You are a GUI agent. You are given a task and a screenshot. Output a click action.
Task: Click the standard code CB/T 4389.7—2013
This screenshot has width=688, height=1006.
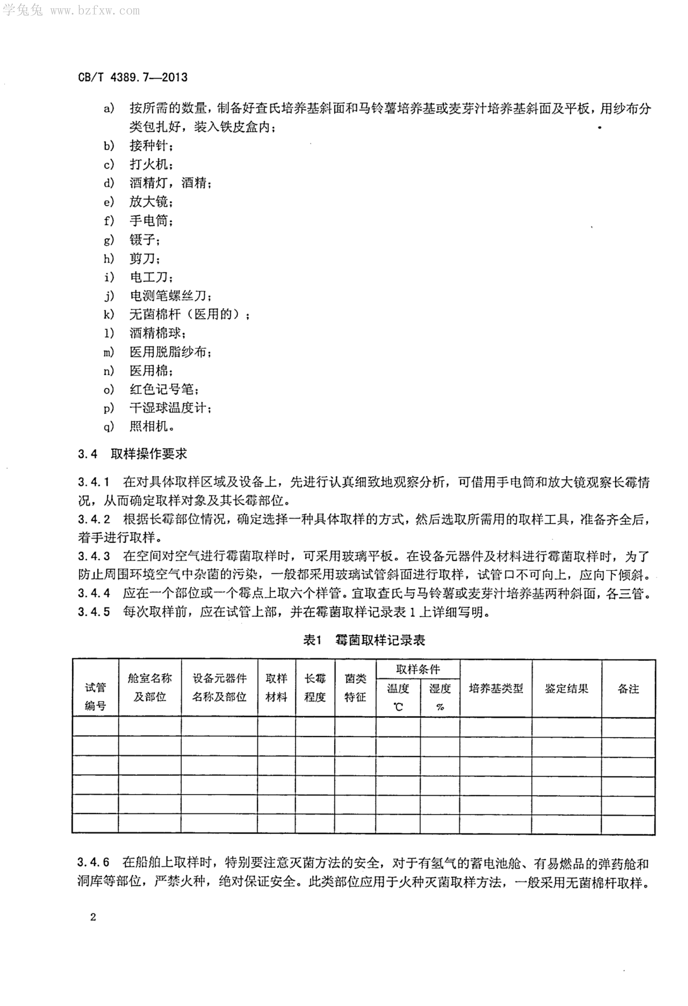[132, 78]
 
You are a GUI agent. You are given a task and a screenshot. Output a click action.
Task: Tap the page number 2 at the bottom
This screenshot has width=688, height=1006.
[93, 917]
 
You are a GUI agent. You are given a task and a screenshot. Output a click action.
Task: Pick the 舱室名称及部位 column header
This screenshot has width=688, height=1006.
[150, 687]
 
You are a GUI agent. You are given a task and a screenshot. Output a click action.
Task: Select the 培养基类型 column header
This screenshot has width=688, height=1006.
[496, 688]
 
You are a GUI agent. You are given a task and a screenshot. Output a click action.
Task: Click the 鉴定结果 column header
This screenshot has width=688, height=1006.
[566, 688]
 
